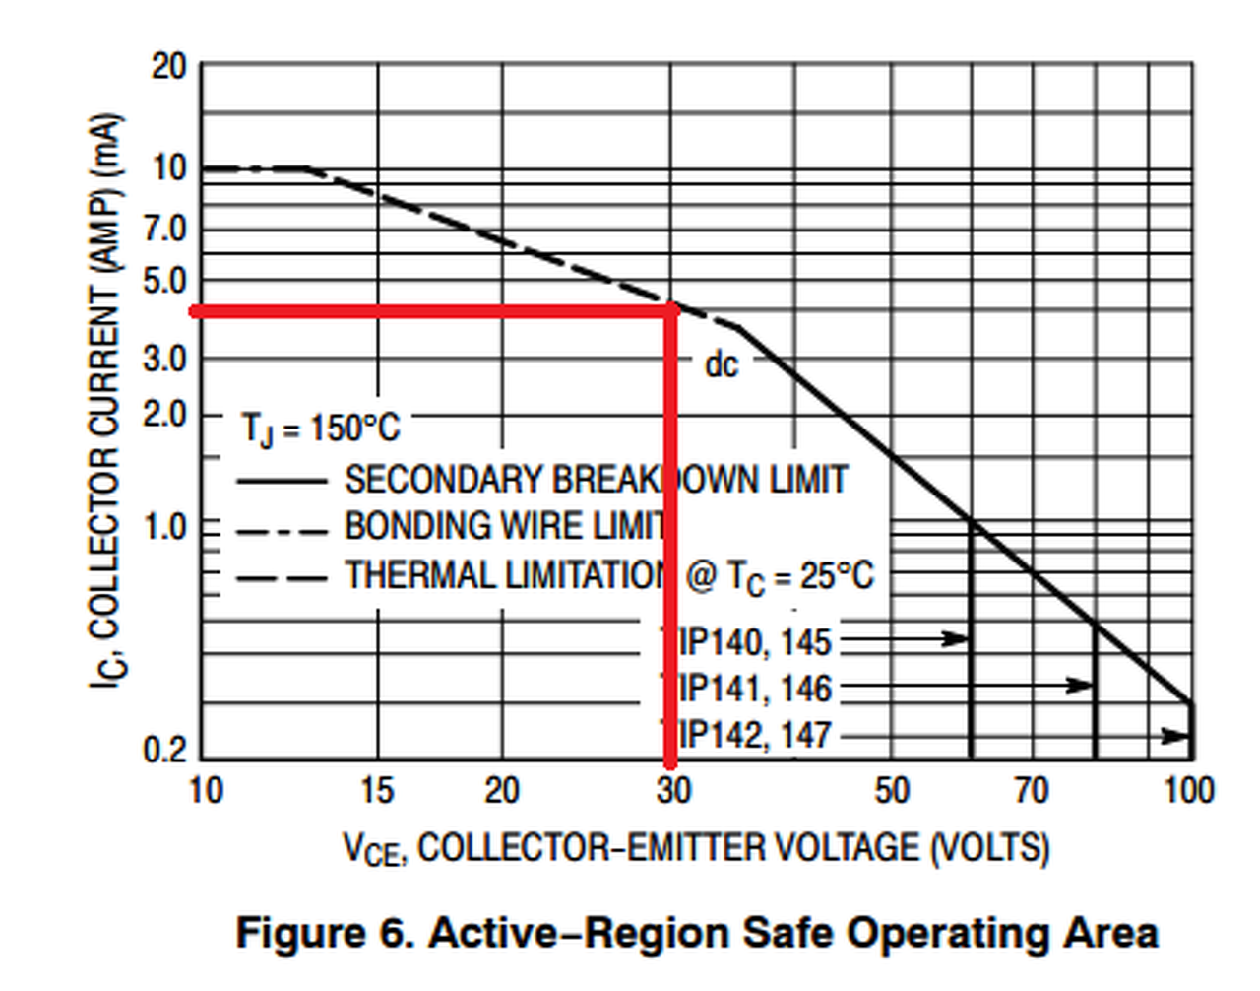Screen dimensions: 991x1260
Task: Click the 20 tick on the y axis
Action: (x=168, y=67)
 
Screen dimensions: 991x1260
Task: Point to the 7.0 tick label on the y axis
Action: (x=164, y=230)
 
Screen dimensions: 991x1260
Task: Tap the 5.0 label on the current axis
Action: (x=164, y=282)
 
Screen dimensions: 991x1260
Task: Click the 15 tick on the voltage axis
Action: (x=376, y=790)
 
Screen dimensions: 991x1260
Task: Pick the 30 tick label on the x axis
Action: (x=673, y=790)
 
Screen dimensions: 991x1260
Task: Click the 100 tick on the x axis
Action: (x=1189, y=790)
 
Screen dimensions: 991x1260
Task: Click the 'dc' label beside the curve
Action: (x=721, y=365)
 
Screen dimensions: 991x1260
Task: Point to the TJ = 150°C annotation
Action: (x=321, y=429)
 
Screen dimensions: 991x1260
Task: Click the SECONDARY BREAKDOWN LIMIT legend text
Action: (x=595, y=480)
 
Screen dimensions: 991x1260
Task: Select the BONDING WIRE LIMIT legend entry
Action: (x=504, y=526)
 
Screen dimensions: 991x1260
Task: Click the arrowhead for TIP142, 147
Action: (x=1175, y=736)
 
